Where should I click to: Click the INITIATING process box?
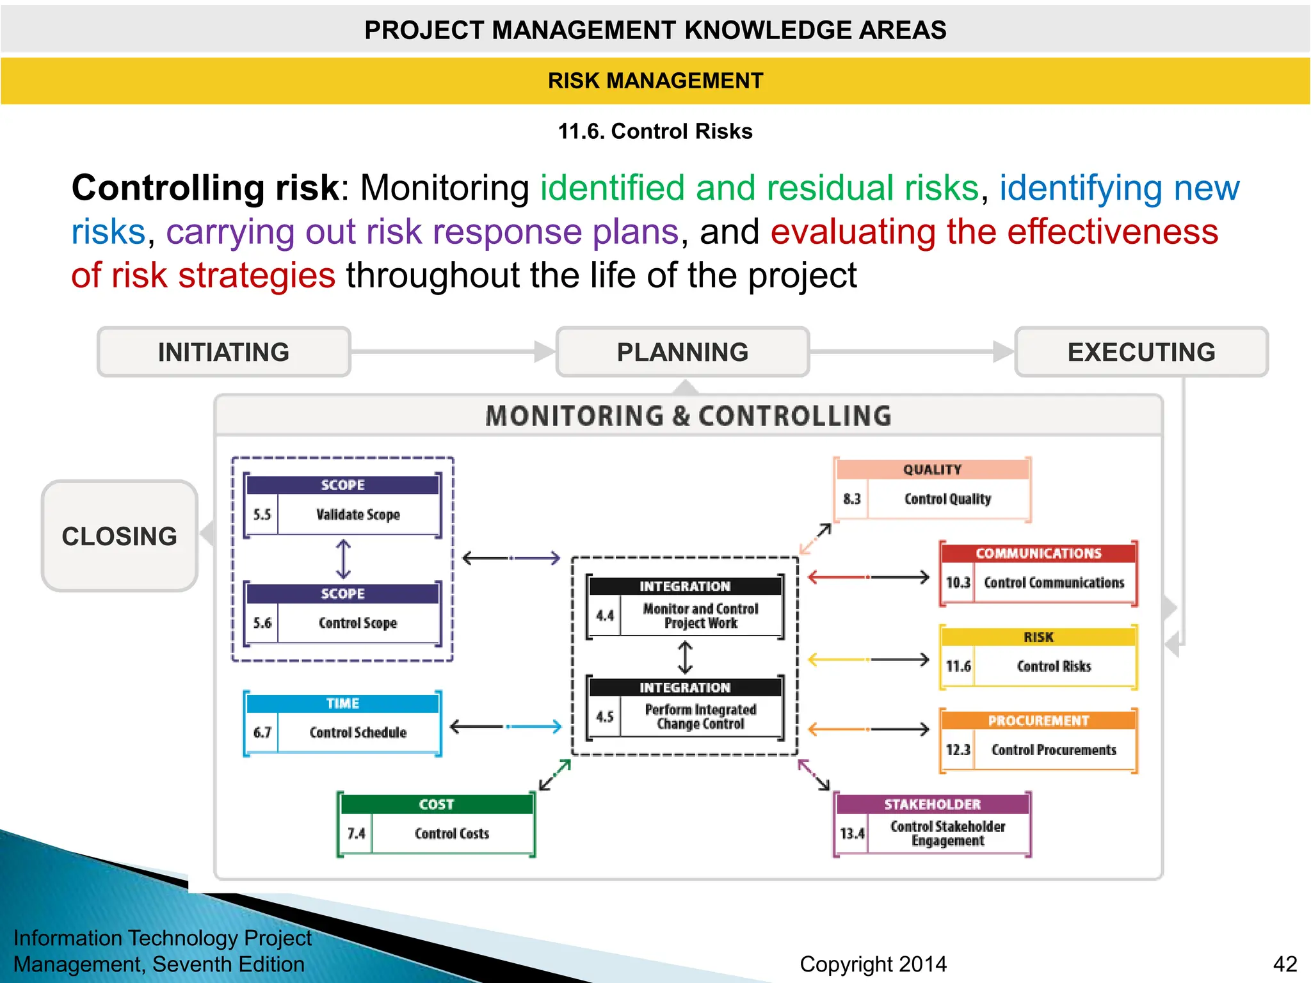click(x=223, y=352)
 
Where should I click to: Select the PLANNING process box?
click(x=682, y=352)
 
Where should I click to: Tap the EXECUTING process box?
click(x=1141, y=352)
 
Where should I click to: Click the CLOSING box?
click(x=120, y=536)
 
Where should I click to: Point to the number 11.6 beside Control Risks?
click(x=958, y=666)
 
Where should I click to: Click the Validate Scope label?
click(x=358, y=515)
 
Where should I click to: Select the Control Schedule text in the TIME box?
click(x=358, y=732)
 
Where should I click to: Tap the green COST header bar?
click(x=437, y=804)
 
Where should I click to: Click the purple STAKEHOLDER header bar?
click(x=932, y=804)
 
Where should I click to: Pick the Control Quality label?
click(x=947, y=499)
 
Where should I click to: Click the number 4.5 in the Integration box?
click(x=605, y=717)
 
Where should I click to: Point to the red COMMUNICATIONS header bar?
click(x=1038, y=553)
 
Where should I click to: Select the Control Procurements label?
click(x=1054, y=749)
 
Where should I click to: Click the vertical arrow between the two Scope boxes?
click(x=344, y=559)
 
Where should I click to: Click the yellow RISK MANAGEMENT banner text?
click(x=655, y=81)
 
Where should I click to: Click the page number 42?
click(x=1285, y=964)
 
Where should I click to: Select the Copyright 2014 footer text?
click(x=873, y=964)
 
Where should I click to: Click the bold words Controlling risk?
click(x=205, y=188)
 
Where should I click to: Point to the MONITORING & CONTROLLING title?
click(x=688, y=416)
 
